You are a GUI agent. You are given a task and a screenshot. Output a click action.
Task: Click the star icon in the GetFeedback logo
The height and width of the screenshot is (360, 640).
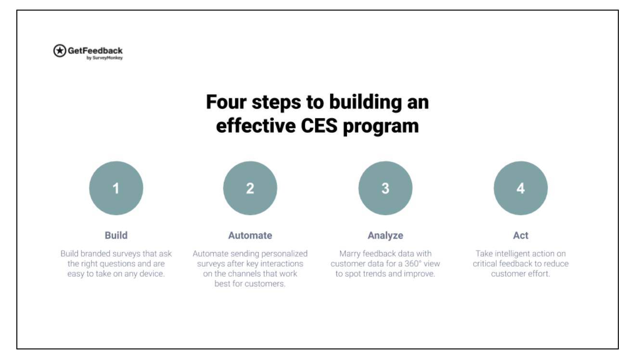(60, 51)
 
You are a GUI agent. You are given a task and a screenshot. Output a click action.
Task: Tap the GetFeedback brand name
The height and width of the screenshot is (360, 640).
(95, 50)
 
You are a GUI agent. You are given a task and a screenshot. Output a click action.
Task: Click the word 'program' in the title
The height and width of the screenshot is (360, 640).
(381, 127)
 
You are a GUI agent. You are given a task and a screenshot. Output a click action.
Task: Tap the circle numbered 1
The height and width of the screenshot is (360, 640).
(116, 188)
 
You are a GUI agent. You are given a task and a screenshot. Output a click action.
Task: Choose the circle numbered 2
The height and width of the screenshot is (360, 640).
(250, 188)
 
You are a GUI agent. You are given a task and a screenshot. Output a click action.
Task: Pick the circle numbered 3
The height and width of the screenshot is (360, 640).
(385, 188)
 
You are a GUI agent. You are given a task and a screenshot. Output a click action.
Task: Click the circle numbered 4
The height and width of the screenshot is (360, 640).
(521, 188)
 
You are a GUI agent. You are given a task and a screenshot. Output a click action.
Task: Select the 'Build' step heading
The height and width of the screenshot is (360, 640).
(116, 235)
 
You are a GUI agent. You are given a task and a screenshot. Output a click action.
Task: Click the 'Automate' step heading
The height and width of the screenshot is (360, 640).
(250, 235)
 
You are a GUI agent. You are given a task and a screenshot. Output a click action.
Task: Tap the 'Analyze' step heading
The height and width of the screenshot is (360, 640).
(385, 235)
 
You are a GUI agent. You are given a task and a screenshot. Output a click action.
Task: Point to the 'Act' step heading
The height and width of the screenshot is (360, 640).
(521, 235)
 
